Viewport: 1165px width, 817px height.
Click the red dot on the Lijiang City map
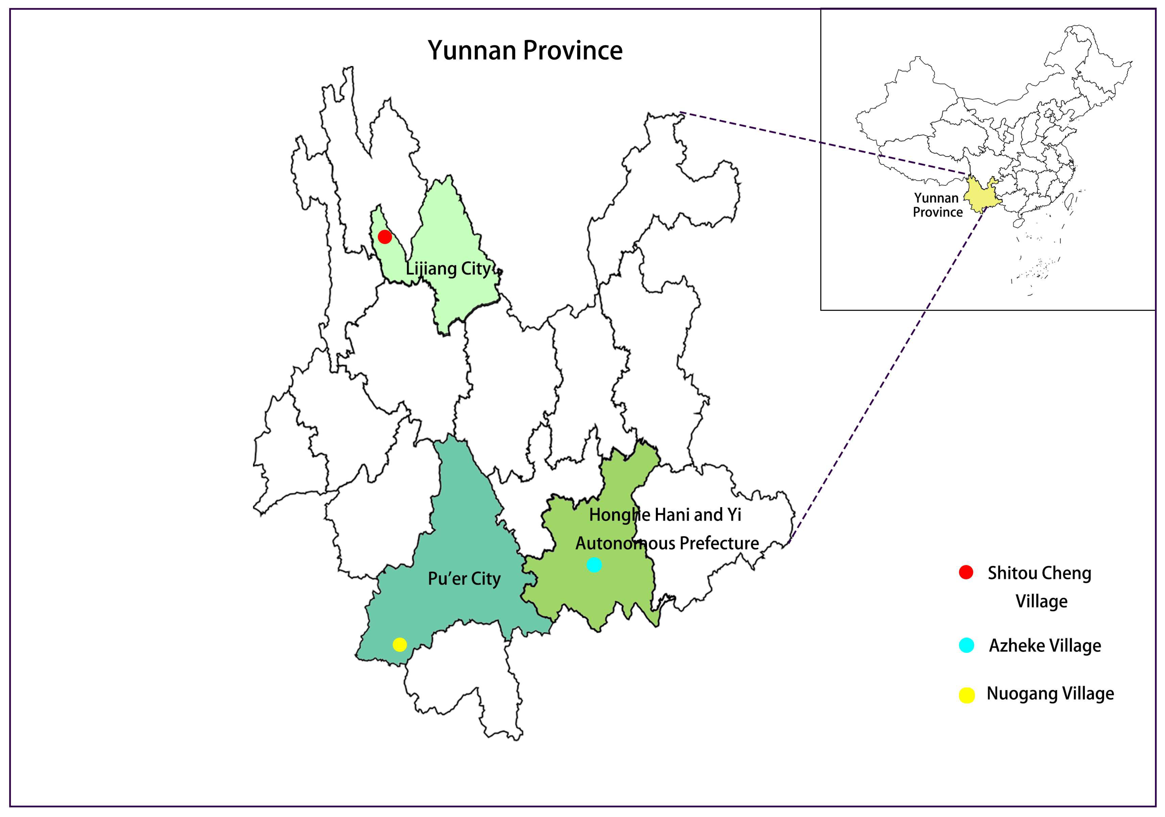point(385,237)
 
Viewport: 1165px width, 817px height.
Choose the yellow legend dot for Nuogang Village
point(967,695)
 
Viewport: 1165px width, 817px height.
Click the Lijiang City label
point(448,268)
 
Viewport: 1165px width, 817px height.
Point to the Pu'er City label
point(464,579)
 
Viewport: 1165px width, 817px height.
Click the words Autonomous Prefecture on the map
point(667,543)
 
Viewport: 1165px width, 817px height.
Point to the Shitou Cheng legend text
point(1039,573)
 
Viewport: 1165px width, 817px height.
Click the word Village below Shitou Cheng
point(1041,601)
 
